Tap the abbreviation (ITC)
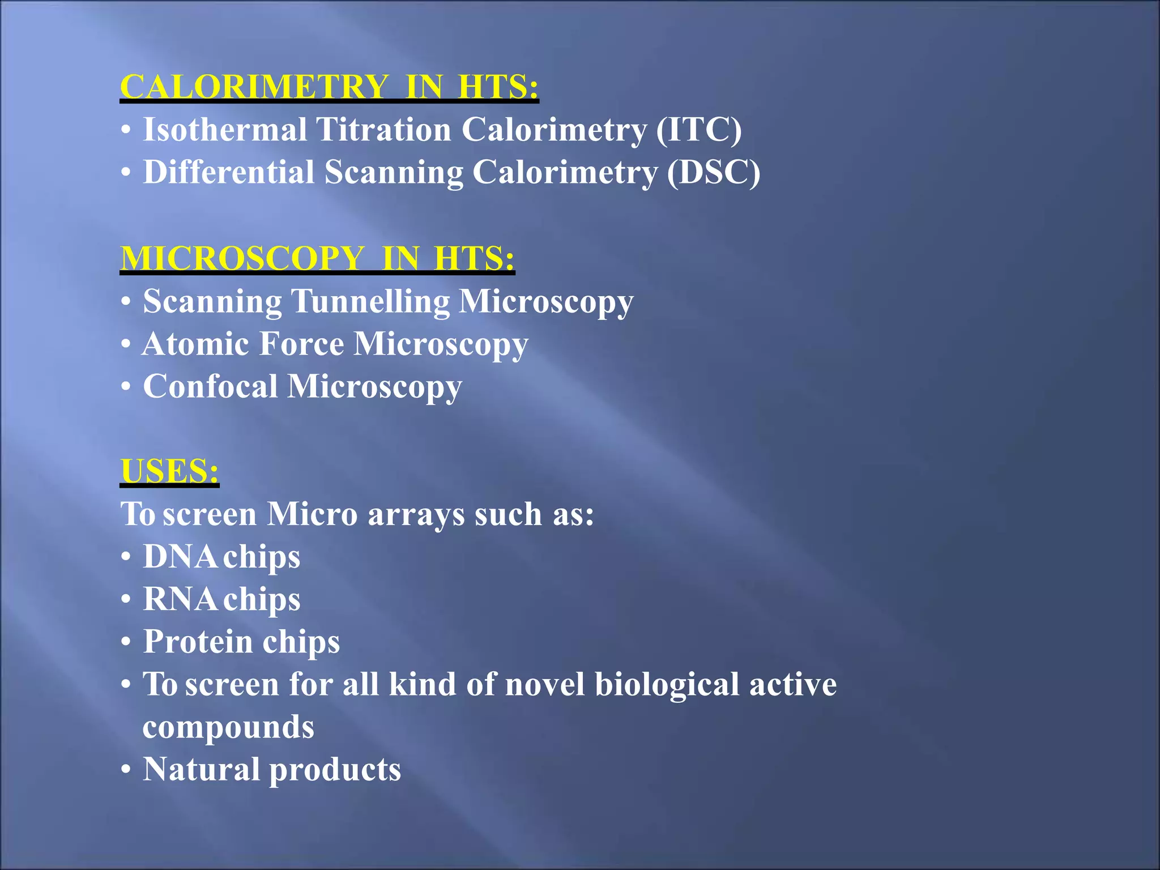point(698,130)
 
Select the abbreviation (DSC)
point(713,172)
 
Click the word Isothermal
point(225,130)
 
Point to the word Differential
point(228,172)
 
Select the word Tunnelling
point(370,301)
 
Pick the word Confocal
point(210,386)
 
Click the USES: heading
point(169,471)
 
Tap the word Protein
point(198,642)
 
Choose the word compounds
point(228,727)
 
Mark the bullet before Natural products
point(126,770)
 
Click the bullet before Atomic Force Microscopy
point(126,344)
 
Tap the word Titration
point(383,130)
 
